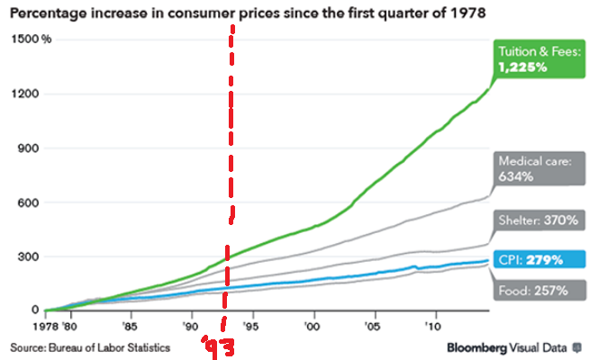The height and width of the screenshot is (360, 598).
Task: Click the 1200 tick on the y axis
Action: pos(28,94)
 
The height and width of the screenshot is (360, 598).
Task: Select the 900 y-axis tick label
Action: pos(31,148)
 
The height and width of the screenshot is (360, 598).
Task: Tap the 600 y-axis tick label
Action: pos(31,202)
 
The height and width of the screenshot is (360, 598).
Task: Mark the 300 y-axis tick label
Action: pos(31,256)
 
